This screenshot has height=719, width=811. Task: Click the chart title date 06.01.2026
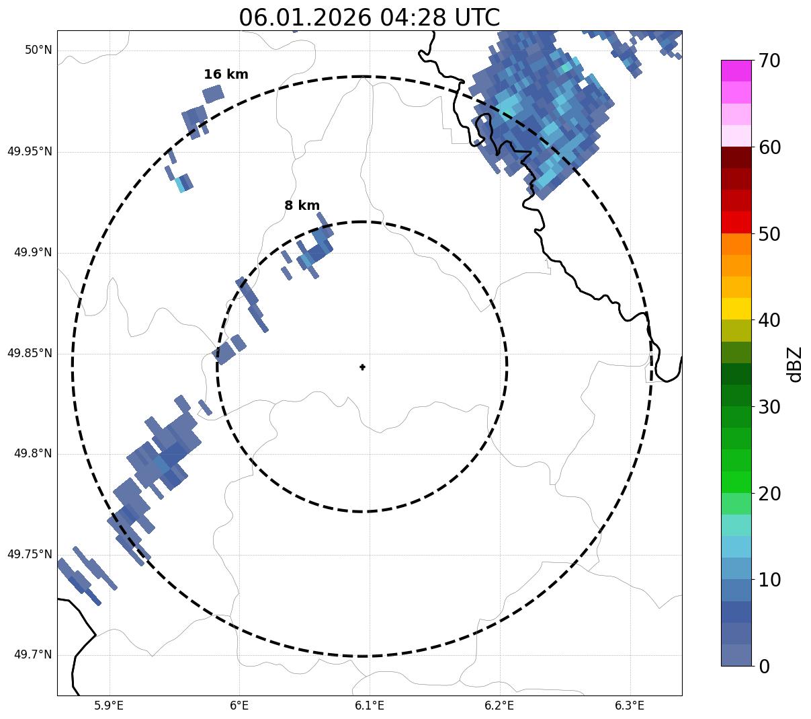click(304, 17)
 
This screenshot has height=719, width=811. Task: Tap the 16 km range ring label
click(226, 75)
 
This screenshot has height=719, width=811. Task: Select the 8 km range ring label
click(302, 206)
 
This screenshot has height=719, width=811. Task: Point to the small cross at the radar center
click(363, 367)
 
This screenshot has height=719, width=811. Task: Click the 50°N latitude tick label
click(38, 50)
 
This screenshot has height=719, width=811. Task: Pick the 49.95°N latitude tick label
click(30, 151)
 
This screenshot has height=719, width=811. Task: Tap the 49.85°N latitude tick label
click(30, 353)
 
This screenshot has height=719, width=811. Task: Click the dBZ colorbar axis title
click(796, 365)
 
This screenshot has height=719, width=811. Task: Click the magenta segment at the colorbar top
click(736, 71)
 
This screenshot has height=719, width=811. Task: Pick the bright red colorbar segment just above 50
click(736, 223)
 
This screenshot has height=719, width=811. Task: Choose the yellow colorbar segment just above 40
click(736, 309)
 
